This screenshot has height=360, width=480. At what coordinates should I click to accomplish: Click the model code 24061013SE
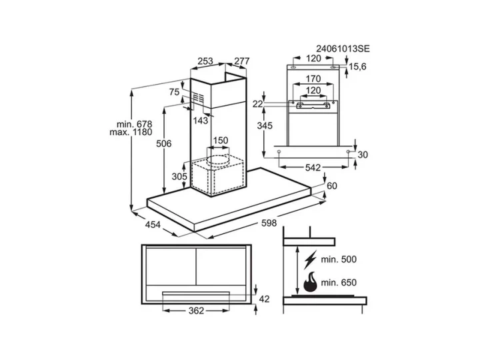(343, 49)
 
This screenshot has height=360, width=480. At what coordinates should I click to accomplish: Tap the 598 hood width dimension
(269, 223)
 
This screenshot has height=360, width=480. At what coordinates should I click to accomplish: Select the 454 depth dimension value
(153, 225)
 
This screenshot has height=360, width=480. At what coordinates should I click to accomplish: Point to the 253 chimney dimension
(205, 61)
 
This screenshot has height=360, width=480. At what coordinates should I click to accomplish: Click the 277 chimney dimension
(242, 61)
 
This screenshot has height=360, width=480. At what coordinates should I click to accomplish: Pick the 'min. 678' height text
(135, 124)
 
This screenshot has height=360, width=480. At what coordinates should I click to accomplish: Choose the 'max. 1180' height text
(131, 132)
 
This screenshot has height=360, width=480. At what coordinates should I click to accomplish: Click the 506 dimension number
(164, 143)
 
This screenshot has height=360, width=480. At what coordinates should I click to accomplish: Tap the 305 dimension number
(179, 177)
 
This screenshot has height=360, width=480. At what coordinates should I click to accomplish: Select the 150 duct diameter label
(221, 141)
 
